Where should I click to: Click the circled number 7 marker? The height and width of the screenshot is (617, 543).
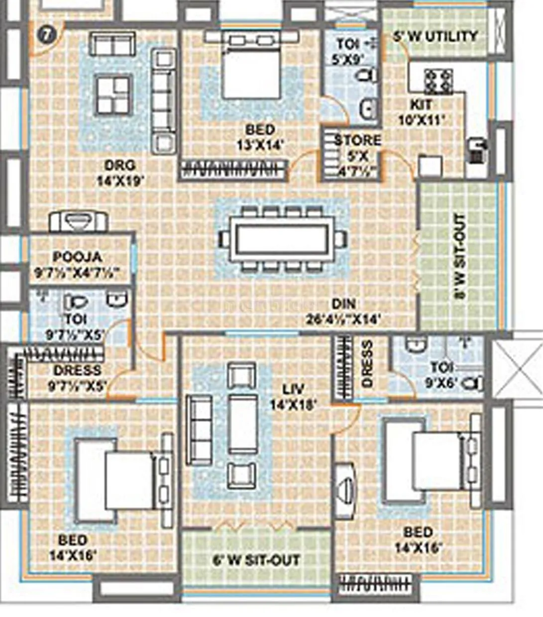click(46, 35)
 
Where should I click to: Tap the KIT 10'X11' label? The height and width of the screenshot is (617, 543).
click(421, 112)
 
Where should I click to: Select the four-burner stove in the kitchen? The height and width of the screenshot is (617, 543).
click(438, 81)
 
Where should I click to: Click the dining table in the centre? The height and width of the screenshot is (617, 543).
click(281, 240)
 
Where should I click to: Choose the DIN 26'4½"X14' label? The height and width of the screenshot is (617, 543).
click(343, 311)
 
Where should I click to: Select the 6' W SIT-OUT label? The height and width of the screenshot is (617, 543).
click(256, 560)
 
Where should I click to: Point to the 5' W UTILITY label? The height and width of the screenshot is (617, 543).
click(435, 36)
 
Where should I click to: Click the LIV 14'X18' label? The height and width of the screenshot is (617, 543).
click(293, 397)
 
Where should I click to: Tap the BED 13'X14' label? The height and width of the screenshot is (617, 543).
click(260, 137)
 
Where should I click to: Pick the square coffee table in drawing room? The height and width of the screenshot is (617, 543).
click(114, 95)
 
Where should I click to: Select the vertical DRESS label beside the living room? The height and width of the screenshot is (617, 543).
click(368, 364)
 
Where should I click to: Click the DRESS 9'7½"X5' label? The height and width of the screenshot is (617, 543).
click(77, 377)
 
